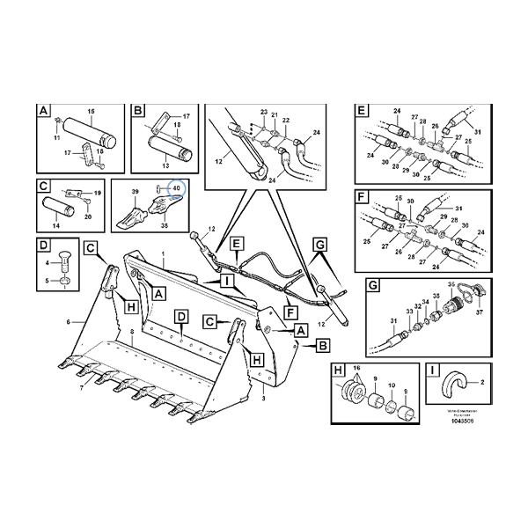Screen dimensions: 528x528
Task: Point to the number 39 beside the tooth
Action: coord(136,191)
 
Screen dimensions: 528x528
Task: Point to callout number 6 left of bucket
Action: coord(68,322)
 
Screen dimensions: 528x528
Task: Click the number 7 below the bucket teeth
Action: coord(82,387)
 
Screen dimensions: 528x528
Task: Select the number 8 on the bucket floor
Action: coord(131,331)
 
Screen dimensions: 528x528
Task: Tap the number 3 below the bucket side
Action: coord(264,399)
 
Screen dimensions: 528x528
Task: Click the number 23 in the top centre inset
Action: coord(262,112)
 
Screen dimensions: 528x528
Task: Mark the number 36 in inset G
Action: coord(451,284)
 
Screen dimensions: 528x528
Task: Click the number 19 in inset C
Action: coord(98,192)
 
